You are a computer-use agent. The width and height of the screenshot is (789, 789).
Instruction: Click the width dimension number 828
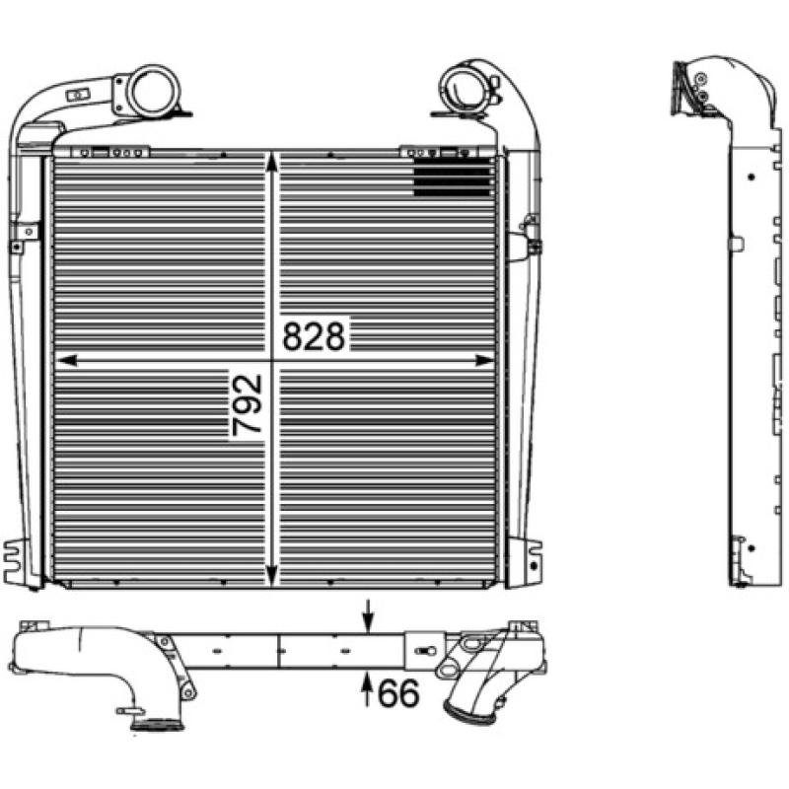pyautogui.click(x=315, y=337)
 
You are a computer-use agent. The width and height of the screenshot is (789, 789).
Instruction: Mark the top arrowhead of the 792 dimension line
pyautogui.click(x=274, y=161)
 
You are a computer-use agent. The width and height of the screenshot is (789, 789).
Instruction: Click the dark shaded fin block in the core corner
pyautogui.click(x=453, y=177)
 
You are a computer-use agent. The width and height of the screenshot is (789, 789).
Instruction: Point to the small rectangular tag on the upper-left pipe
pyautogui.click(x=74, y=94)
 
